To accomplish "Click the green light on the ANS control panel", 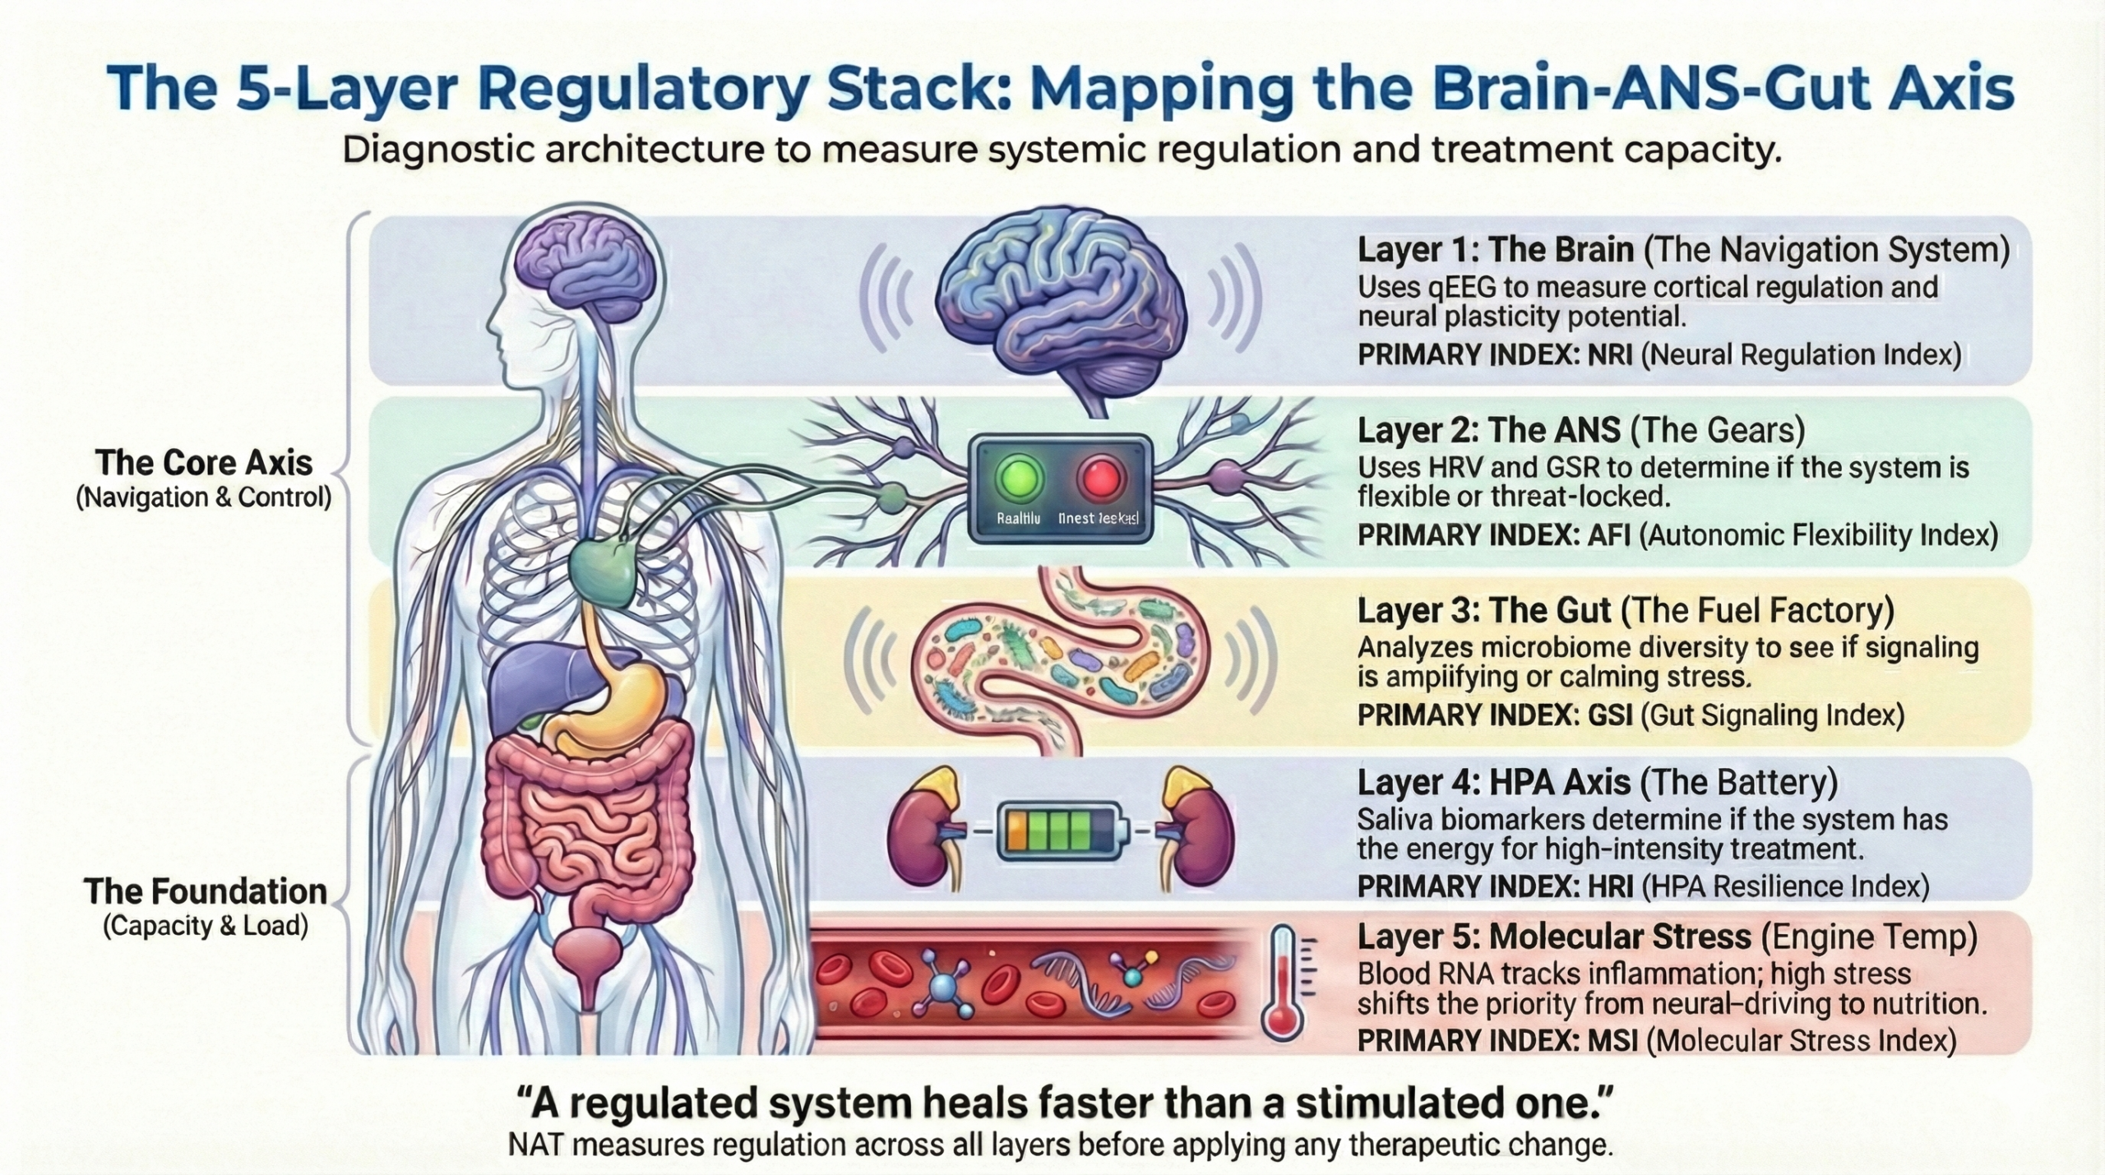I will [1020, 479].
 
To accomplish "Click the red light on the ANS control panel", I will [1100, 479].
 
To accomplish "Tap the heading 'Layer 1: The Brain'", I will [1495, 250].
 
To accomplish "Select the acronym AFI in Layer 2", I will [1607, 535].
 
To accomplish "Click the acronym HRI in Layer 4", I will [1608, 886].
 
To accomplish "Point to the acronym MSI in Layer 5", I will [1611, 1040].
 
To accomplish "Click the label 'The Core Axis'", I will [204, 463].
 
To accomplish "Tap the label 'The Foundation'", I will [206, 891].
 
